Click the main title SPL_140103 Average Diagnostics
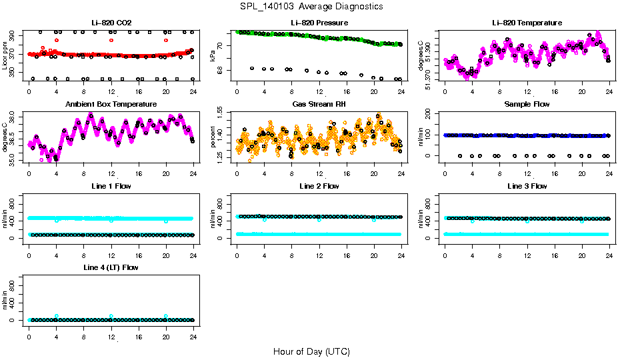(x=312, y=6)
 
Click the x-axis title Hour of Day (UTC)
(x=311, y=351)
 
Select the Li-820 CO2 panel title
(x=111, y=23)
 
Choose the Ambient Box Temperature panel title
(x=111, y=104)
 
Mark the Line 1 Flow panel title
(x=111, y=186)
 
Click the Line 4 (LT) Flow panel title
(x=111, y=267)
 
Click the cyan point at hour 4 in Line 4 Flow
(x=57, y=316)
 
